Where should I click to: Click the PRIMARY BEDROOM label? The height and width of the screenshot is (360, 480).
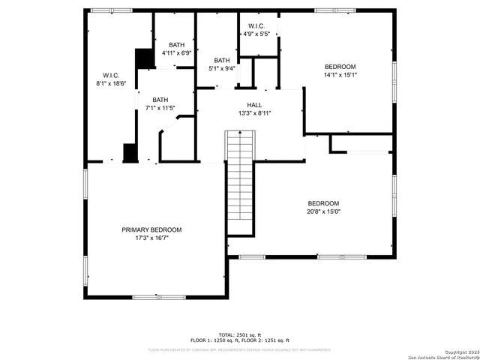(x=151, y=229)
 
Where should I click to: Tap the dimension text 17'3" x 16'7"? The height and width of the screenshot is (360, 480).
(x=151, y=238)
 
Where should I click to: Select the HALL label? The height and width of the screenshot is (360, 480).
(x=254, y=105)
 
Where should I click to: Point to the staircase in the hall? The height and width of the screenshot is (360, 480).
(x=241, y=184)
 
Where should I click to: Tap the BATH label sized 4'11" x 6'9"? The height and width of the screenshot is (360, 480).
(x=176, y=45)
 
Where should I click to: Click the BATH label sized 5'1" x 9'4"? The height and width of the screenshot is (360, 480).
(x=222, y=61)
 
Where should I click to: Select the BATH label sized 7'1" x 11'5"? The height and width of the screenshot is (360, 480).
(x=160, y=100)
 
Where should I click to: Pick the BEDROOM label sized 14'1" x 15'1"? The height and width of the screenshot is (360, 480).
(x=340, y=67)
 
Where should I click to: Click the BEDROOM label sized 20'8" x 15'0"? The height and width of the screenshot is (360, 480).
(x=323, y=203)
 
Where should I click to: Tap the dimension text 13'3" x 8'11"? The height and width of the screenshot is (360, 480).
(x=254, y=113)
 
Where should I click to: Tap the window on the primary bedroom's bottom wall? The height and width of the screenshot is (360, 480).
(x=159, y=297)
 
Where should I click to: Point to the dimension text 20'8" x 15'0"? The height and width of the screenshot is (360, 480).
(x=323, y=211)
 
